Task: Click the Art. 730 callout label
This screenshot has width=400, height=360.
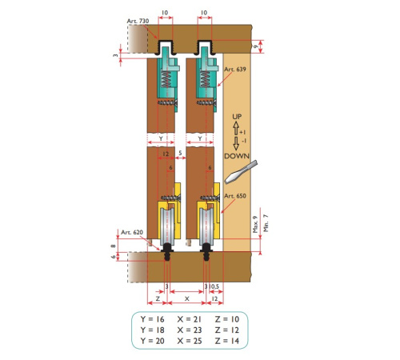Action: (138, 21)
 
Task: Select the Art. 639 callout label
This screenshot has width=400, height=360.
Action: (235, 70)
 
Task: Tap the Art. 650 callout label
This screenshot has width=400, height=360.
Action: (235, 196)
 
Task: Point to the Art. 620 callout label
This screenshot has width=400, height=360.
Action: (132, 232)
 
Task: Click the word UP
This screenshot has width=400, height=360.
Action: (237, 117)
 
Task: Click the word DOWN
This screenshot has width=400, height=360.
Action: (237, 156)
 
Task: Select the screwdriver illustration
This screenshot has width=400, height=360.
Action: (241, 172)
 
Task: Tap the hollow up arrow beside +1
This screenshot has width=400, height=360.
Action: (236, 128)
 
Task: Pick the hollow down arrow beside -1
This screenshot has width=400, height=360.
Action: (236, 143)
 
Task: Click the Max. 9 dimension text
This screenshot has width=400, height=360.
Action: (255, 225)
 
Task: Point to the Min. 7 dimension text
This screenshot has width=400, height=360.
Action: (266, 223)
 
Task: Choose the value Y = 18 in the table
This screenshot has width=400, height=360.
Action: (153, 330)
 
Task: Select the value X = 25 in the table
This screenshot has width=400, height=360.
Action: (190, 341)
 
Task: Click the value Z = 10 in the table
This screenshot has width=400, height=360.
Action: (227, 319)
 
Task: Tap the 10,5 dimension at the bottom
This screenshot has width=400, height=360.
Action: (214, 286)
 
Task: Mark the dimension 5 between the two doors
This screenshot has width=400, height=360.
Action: (181, 153)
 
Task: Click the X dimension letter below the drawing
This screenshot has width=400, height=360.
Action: (187, 299)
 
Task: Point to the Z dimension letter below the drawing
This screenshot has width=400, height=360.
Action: (158, 298)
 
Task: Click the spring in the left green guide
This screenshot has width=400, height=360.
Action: (166, 79)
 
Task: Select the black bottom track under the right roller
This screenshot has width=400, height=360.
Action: (206, 252)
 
